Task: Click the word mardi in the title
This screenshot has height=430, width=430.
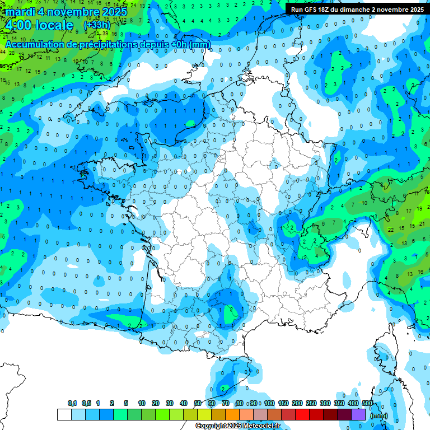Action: (x=19, y=12)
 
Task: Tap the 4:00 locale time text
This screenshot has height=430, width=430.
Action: (x=38, y=26)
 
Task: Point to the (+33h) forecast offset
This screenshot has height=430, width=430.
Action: (x=96, y=25)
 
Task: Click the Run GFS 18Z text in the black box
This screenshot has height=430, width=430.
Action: (x=314, y=9)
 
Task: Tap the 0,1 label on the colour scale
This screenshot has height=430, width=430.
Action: (x=72, y=404)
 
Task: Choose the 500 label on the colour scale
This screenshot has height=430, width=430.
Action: (x=367, y=404)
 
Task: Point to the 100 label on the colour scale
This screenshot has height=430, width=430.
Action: (x=269, y=404)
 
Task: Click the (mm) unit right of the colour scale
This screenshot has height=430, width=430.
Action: (x=379, y=415)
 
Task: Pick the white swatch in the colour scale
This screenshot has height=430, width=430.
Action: (x=64, y=414)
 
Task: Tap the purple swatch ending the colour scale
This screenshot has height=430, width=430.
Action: (x=358, y=414)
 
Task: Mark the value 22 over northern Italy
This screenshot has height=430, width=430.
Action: (x=390, y=230)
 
